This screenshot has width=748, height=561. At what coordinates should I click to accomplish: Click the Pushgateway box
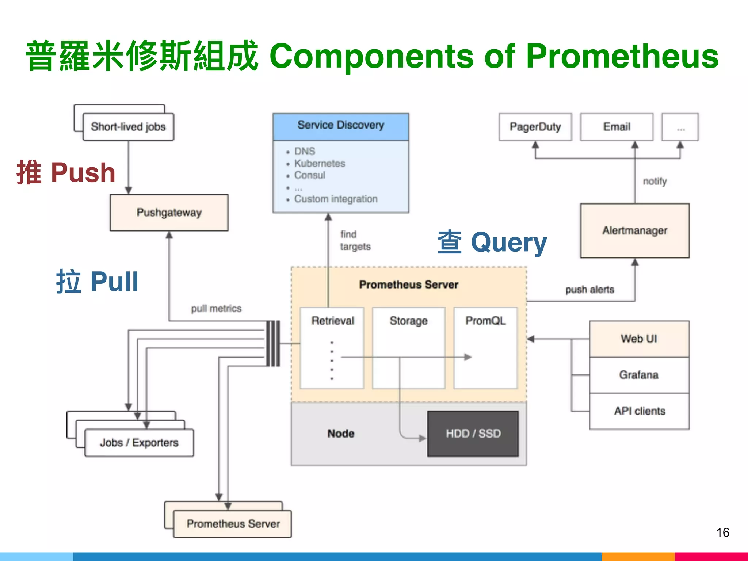(169, 213)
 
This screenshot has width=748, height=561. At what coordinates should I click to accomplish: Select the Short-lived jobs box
(128, 127)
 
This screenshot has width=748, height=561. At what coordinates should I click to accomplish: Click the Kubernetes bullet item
(319, 163)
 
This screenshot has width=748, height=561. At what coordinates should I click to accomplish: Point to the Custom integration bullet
(336, 199)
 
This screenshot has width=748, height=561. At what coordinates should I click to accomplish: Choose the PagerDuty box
(535, 127)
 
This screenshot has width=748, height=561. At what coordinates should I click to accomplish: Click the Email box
(617, 127)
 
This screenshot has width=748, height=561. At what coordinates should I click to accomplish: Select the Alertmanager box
(635, 231)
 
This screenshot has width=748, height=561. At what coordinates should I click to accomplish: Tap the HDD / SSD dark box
(473, 434)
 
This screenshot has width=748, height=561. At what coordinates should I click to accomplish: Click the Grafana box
(639, 375)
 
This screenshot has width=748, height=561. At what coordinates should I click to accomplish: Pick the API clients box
(639, 411)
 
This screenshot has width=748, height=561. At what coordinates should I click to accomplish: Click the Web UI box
(639, 339)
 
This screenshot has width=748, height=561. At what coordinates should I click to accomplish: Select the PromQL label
(485, 321)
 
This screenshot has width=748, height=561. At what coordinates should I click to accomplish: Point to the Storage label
(408, 321)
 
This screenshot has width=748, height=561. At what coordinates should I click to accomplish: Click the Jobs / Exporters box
(139, 443)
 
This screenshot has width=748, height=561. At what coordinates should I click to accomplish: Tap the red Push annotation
(66, 172)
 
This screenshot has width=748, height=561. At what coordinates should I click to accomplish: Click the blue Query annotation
(492, 243)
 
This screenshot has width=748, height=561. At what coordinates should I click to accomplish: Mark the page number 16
(722, 533)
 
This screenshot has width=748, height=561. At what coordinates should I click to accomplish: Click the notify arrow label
(654, 181)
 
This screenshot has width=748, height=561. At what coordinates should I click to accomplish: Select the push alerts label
(589, 290)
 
